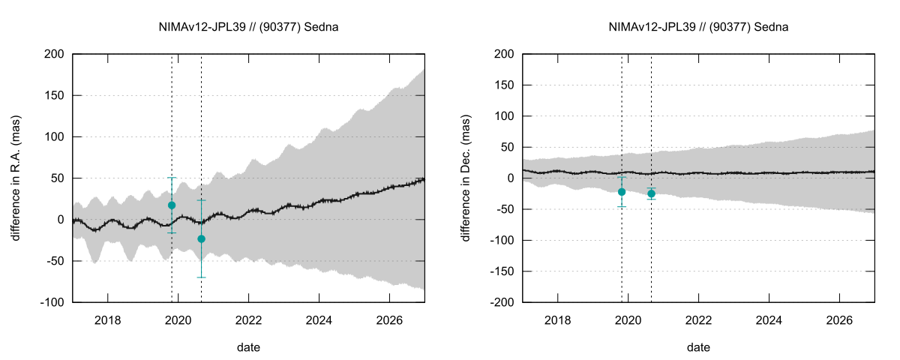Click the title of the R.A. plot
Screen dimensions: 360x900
click(248, 27)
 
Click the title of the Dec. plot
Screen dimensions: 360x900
click(698, 27)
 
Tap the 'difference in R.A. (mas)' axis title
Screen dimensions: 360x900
click(16, 178)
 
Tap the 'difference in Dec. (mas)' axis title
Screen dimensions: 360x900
click(466, 178)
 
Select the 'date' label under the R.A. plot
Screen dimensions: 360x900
click(248, 347)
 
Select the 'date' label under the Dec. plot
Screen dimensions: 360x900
click(698, 347)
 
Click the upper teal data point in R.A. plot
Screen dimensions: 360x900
click(172, 205)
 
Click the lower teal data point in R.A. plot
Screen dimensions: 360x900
click(201, 238)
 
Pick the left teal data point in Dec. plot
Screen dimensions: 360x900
click(622, 192)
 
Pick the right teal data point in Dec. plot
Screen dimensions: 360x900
click(651, 193)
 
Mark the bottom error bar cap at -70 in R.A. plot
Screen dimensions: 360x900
click(201, 277)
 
